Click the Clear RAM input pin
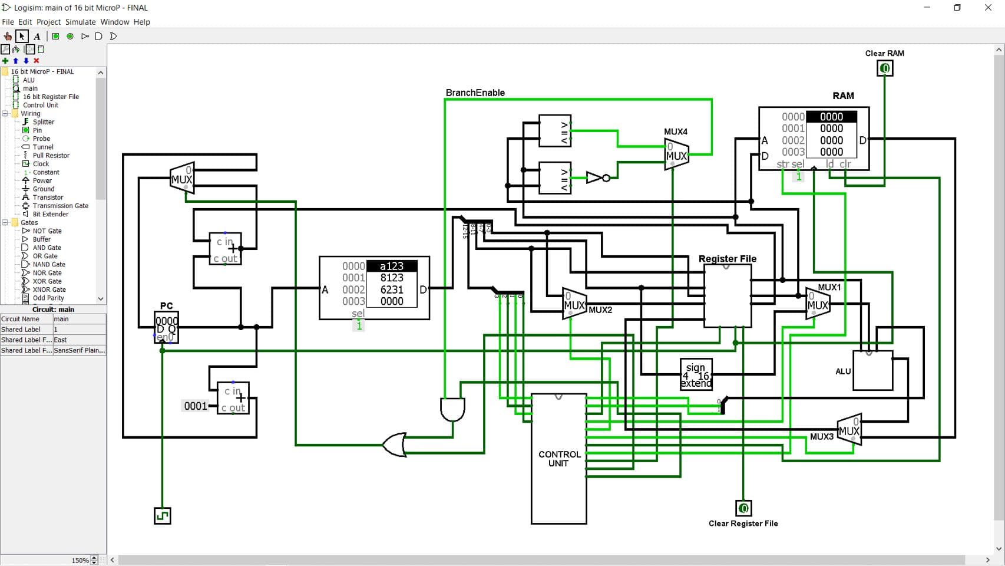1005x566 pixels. tap(884, 69)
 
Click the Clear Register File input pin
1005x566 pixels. tap(743, 508)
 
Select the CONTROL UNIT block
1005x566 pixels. tap(558, 459)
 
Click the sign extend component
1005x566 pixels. tap(696, 375)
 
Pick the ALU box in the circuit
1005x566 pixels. tap(872, 371)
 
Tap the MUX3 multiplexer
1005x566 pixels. tap(849, 430)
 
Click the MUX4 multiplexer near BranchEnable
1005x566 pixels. tap(676, 155)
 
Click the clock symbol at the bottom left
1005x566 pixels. tap(162, 516)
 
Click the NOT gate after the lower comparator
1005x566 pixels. tap(596, 177)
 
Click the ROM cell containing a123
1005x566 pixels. tap(392, 266)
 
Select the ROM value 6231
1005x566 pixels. tap(392, 289)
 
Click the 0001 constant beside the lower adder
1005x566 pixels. tap(195, 406)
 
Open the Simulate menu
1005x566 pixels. tap(80, 22)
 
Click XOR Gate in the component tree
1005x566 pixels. tap(47, 281)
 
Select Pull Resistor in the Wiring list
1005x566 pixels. tap(51, 156)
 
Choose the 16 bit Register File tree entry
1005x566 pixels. tap(51, 97)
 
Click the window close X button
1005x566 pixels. tap(988, 8)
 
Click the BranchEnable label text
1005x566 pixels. tap(475, 93)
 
